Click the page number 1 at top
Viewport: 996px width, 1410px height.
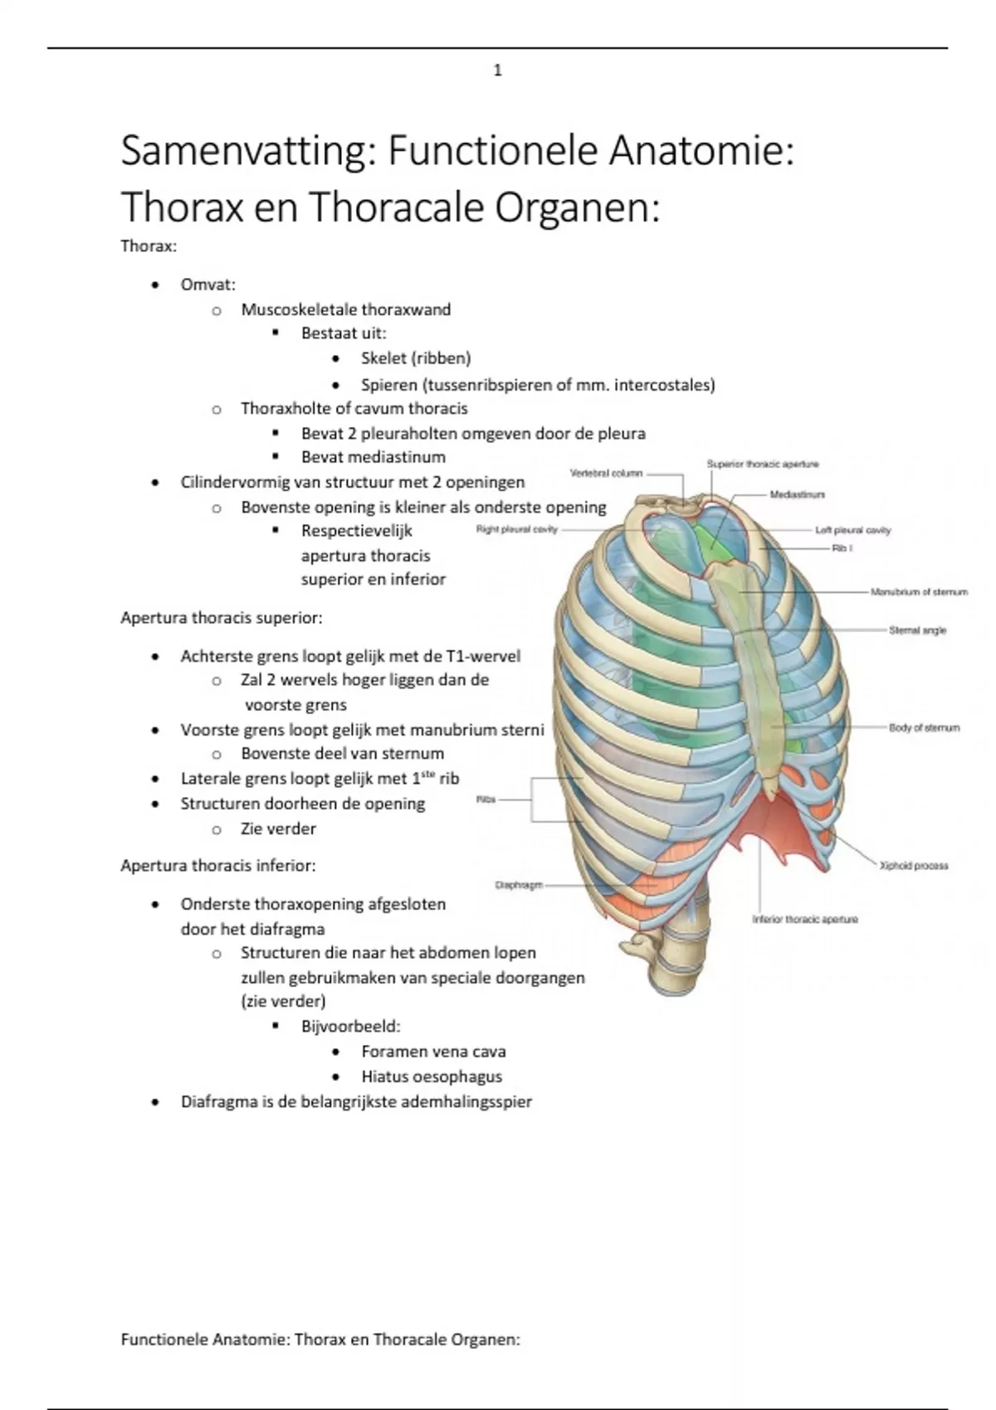tap(497, 70)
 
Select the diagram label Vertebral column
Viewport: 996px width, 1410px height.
tap(606, 473)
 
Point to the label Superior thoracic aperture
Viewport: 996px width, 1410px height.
tap(763, 464)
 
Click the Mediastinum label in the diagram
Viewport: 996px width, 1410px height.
tap(797, 494)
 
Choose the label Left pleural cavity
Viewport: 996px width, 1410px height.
tap(852, 530)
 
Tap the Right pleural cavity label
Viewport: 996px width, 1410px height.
tap(516, 529)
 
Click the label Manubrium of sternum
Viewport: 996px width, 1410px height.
tap(919, 592)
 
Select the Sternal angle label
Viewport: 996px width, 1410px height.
tap(917, 630)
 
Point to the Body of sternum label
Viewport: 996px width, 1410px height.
tap(924, 727)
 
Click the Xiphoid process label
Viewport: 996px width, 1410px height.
tap(914, 865)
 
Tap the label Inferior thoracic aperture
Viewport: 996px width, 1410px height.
tap(805, 919)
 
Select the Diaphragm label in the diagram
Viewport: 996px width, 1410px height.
tap(519, 885)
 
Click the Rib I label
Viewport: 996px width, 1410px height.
tap(842, 549)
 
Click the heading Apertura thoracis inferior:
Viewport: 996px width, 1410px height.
tap(218, 866)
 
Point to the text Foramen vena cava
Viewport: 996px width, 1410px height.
tap(433, 1052)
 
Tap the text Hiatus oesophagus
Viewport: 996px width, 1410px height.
tap(432, 1077)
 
